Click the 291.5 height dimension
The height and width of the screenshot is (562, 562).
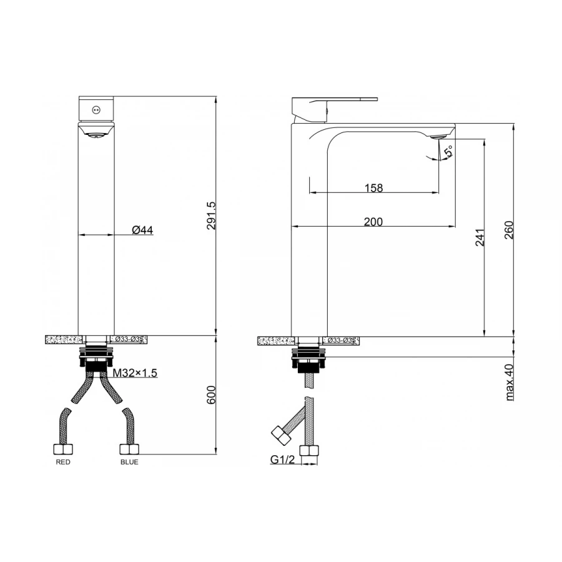pos(212,215)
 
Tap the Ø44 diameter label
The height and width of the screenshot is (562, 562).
pos(142,230)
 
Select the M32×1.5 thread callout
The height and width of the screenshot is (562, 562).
pos(135,373)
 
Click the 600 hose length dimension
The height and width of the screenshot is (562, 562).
pos(212,395)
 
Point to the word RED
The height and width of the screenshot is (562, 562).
pos(63,462)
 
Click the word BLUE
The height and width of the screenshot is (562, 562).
pos(129,462)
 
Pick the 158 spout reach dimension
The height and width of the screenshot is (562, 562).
pos(374,188)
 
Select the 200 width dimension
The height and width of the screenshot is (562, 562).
pos(373,222)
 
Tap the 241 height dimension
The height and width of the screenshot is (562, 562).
pos(480,237)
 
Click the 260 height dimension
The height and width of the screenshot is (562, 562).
pos(509,230)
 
